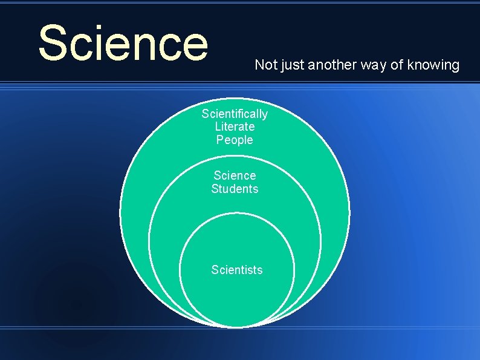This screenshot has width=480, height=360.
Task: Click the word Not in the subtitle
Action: (x=264, y=65)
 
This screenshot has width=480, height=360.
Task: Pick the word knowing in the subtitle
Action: (x=433, y=65)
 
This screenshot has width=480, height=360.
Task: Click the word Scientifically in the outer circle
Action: (x=235, y=114)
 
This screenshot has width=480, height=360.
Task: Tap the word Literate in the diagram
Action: (x=235, y=126)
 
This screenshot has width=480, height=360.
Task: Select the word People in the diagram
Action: (x=235, y=140)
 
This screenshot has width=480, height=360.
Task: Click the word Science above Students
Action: (x=235, y=175)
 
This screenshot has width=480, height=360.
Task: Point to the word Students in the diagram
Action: (x=235, y=189)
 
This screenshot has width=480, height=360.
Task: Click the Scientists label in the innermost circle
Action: (x=237, y=270)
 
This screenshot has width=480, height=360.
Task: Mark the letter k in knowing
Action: (x=411, y=65)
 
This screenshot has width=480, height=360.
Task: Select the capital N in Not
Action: (x=259, y=65)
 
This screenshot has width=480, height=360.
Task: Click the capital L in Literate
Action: (x=218, y=126)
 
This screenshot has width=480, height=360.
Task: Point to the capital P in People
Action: (x=220, y=140)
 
